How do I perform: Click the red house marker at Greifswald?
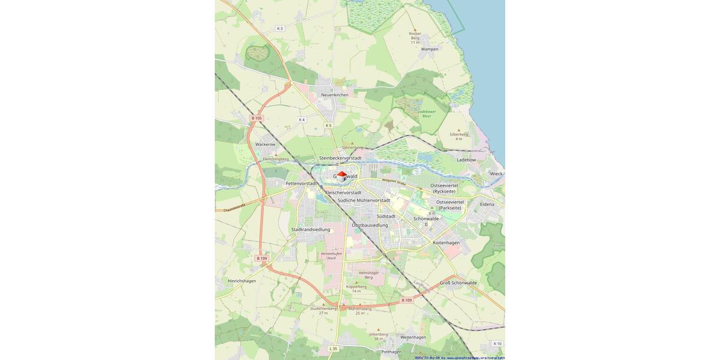pyautogui.click(x=341, y=176)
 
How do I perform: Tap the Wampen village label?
pyautogui.click(x=430, y=49)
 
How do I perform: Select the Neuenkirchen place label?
pyautogui.click(x=334, y=95)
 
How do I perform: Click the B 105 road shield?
pyautogui.click(x=256, y=118)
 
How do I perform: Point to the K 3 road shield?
pyautogui.click(x=280, y=29)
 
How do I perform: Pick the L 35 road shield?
pyautogui.click(x=333, y=349)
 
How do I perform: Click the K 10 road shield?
pyautogui.click(x=497, y=344)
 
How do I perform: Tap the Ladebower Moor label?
pyautogui.click(x=427, y=113)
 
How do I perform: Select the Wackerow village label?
pyautogui.click(x=265, y=145)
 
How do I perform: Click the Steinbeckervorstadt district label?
pyautogui.click(x=340, y=158)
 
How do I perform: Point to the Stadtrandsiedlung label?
pyautogui.click(x=310, y=229)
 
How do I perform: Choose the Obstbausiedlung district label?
pyautogui.click(x=370, y=225)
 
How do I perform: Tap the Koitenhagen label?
pyautogui.click(x=446, y=242)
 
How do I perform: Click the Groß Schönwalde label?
pyautogui.click(x=458, y=283)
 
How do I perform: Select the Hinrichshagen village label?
pyautogui.click(x=242, y=281)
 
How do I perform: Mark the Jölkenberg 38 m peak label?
pyautogui.click(x=378, y=336)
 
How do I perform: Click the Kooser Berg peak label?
pyautogui.click(x=415, y=37)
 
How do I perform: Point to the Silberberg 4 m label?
pyautogui.click(x=458, y=136)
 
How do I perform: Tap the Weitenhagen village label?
pyautogui.click(x=413, y=337)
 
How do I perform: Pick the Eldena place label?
pyautogui.click(x=487, y=204)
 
